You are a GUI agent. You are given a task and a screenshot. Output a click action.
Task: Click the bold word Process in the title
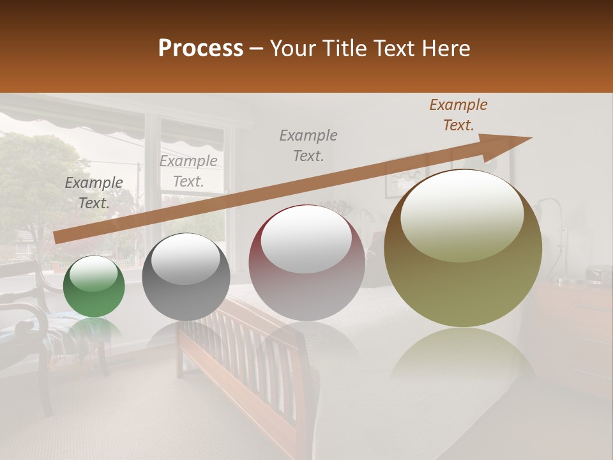click(201, 49)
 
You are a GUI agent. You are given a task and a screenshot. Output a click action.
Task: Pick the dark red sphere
click(306, 263)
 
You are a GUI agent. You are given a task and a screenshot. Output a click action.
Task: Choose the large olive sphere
click(463, 249)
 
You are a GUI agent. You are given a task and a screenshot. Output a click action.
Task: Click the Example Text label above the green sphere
click(94, 193)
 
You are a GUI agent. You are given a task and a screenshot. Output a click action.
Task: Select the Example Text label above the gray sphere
click(188, 171)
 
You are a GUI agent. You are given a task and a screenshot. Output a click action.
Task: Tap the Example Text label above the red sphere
click(308, 145)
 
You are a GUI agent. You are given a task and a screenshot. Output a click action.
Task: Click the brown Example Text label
click(458, 115)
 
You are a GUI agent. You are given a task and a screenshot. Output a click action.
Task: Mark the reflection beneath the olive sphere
click(463, 358)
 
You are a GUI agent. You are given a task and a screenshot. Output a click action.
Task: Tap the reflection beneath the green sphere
click(94, 329)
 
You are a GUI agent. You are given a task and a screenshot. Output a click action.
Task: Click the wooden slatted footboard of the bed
click(243, 358)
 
